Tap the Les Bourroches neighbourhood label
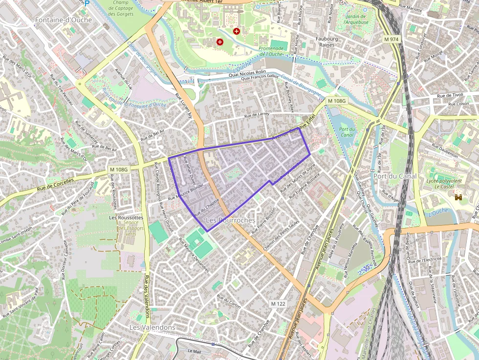(230, 221)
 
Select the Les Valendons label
(152, 327)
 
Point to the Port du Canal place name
(395, 176)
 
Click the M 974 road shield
(392, 39)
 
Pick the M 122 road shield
(278, 304)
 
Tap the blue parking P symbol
(87, 3)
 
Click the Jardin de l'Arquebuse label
(356, 19)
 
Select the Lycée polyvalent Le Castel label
(444, 184)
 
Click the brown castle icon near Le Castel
(458, 197)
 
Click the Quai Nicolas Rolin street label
(247, 72)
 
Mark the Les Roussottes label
(126, 217)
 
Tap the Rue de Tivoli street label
(450, 96)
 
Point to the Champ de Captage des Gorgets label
(120, 8)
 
